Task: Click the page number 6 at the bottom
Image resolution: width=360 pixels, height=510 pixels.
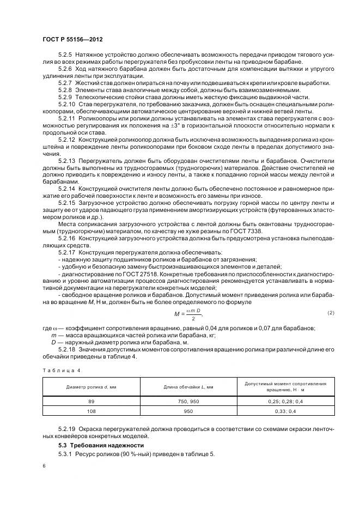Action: click(x=44, y=467)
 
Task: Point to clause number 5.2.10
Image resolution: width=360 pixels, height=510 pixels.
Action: click(x=66, y=104)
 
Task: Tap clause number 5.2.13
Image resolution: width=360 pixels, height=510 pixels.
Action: click(x=66, y=162)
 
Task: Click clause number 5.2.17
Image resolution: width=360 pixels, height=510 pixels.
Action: click(x=66, y=252)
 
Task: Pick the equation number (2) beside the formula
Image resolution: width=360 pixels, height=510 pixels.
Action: click(x=331, y=312)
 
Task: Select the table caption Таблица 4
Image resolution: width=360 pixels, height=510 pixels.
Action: click(x=61, y=370)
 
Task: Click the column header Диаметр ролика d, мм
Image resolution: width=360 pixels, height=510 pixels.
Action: click(x=91, y=387)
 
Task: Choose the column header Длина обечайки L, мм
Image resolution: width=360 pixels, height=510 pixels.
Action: click(x=188, y=387)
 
